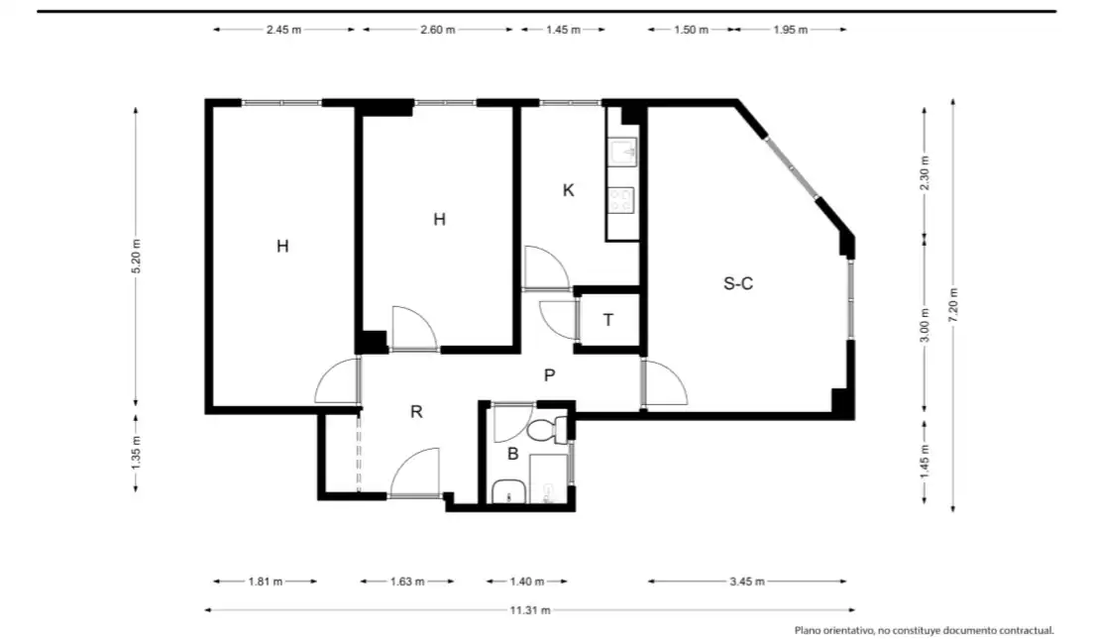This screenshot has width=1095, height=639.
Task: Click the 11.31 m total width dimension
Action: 530,610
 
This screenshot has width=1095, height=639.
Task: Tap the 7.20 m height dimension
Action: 953,305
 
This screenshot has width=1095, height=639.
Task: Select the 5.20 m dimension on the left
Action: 136,257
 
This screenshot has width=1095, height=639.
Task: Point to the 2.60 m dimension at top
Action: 438,30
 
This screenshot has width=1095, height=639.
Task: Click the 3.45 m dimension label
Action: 747,581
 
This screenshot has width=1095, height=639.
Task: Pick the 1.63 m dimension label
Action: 407,581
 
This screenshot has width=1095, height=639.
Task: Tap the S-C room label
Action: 738,283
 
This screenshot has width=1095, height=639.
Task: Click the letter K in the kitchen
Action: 569,190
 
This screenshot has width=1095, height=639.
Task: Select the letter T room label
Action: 608,320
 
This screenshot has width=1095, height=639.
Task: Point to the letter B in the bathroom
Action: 512,454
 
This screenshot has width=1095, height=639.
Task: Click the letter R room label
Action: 416,412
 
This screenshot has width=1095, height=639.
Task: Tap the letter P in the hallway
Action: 550,375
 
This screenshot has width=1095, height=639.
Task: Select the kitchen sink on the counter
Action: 622,152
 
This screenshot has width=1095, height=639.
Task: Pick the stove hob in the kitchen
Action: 620,200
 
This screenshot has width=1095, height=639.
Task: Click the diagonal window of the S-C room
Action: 791,168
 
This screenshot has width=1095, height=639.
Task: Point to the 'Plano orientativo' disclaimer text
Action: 924,630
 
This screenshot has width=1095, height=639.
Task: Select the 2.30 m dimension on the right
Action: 925,173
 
